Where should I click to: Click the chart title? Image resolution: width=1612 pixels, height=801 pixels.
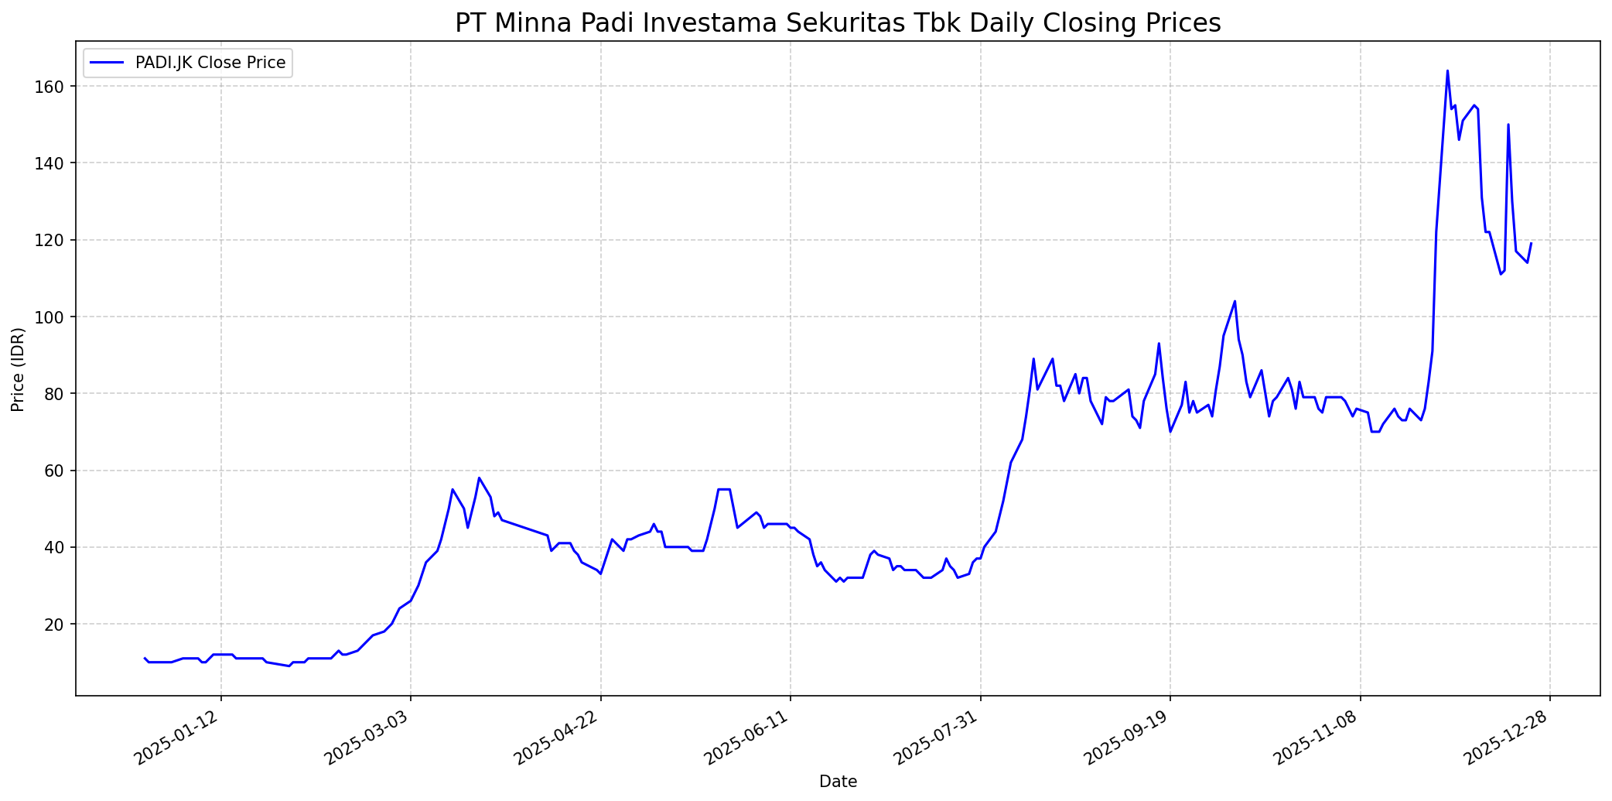point(838,23)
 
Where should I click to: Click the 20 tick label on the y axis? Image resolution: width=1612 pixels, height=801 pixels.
point(61,625)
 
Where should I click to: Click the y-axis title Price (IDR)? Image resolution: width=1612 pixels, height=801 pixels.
point(18,369)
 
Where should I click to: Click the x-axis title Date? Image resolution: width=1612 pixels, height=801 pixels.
point(838,782)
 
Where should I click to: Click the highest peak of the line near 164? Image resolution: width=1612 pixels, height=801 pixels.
point(1447,71)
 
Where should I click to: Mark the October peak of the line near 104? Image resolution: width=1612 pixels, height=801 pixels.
point(1235,301)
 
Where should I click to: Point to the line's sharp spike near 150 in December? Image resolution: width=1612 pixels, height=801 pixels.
point(1508,125)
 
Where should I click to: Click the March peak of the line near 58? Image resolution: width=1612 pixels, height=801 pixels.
point(479,478)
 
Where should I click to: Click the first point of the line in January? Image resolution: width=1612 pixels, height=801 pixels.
point(145,658)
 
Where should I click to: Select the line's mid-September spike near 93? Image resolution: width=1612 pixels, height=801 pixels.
point(1159,344)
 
